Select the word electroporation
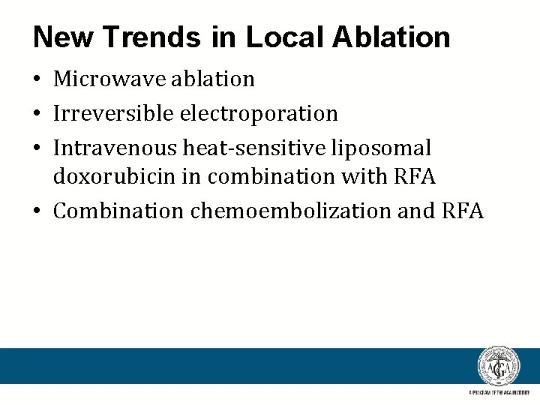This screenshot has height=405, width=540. (x=259, y=114)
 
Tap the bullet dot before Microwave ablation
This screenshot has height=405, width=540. (x=38, y=79)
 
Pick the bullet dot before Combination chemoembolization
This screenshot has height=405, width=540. (x=38, y=211)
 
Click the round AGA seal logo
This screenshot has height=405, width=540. (x=499, y=367)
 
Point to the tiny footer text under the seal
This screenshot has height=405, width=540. (x=499, y=393)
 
